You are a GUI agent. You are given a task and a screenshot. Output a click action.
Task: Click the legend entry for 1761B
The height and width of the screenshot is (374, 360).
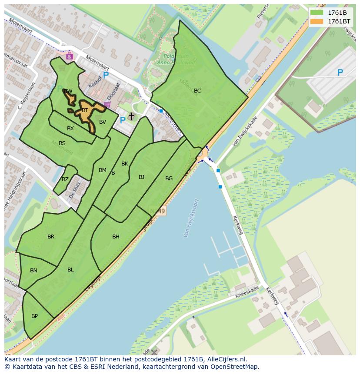point(330,12)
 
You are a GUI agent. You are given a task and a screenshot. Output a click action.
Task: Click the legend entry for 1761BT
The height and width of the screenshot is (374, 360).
point(330,21)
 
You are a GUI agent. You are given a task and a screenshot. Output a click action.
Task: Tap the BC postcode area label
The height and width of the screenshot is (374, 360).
point(197,91)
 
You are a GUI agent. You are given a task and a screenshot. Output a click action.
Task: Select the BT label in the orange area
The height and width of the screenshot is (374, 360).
point(85,110)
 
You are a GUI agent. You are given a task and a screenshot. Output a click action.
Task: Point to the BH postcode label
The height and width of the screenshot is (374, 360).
point(116,237)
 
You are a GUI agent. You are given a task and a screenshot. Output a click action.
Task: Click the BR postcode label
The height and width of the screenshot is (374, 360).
point(51,237)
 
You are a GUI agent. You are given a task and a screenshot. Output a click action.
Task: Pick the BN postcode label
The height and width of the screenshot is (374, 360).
point(33,271)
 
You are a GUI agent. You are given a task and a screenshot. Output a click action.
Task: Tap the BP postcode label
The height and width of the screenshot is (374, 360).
point(34,316)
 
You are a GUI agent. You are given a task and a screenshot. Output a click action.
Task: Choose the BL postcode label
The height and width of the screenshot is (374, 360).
point(70,270)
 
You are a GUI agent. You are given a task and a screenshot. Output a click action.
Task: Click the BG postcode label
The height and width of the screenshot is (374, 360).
point(169,179)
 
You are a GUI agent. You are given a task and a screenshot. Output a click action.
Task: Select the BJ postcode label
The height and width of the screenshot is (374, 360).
point(141,177)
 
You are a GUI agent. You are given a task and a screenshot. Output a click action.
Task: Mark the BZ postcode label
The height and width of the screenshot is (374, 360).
point(65,179)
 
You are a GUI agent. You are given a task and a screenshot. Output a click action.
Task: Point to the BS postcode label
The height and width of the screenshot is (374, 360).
point(62,143)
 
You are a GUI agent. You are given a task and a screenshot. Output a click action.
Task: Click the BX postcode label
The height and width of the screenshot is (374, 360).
point(70,129)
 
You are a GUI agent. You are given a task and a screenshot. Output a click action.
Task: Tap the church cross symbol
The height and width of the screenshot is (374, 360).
point(131,116)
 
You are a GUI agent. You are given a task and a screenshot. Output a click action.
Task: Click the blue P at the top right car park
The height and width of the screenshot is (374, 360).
point(340,73)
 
